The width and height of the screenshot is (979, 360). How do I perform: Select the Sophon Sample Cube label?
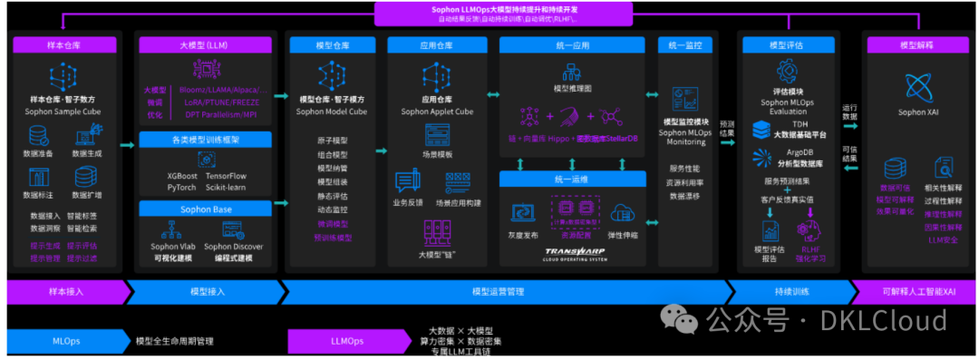click(x=63, y=112)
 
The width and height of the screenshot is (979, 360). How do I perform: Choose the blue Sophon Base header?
click(x=207, y=209)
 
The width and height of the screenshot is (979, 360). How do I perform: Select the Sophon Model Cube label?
click(x=331, y=112)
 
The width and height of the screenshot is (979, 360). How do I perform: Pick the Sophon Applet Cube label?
click(x=438, y=112)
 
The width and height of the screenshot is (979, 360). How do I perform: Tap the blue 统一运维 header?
click(x=570, y=180)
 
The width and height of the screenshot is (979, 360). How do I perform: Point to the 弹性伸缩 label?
click(x=623, y=234)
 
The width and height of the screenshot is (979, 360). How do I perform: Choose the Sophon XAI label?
click(x=918, y=112)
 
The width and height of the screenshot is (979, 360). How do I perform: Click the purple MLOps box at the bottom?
click(x=66, y=341)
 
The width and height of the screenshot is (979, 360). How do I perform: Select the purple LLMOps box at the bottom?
click(x=345, y=341)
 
